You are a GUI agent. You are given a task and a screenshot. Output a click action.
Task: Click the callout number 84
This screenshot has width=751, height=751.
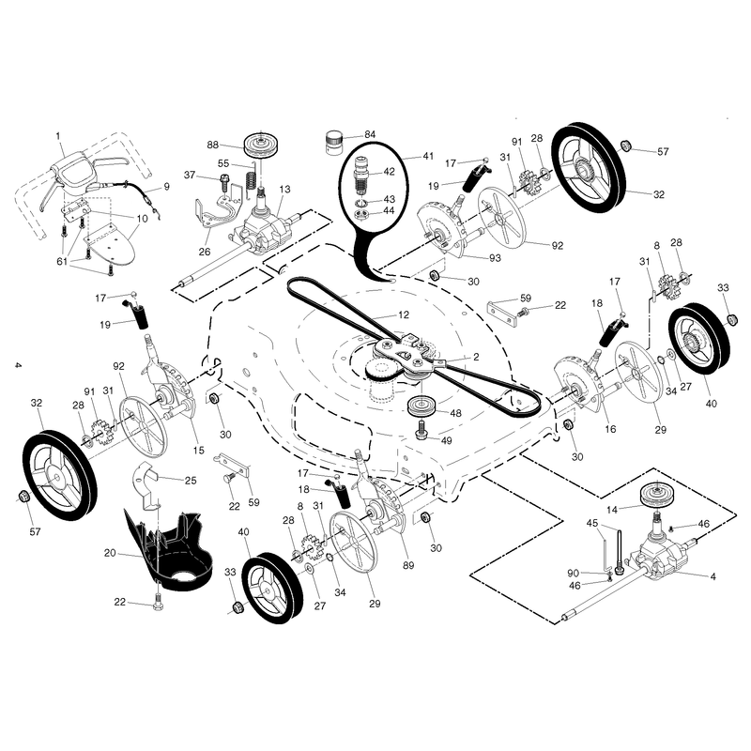click(x=370, y=134)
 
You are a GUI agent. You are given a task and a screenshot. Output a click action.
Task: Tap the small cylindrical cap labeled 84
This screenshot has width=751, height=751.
click(x=335, y=143)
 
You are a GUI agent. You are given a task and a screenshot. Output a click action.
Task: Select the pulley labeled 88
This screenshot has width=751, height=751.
click(x=262, y=145)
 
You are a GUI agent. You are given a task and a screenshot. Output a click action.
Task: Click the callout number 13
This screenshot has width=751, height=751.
click(x=284, y=190)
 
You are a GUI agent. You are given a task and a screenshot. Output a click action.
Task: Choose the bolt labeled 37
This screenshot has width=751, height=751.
click(x=223, y=182)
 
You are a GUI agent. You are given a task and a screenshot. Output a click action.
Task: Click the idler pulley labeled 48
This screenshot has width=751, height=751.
click(x=421, y=407)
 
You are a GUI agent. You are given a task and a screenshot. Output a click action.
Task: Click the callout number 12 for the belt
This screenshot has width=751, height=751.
click(x=404, y=314)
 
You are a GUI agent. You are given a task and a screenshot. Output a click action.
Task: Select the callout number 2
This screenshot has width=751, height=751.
click(x=476, y=357)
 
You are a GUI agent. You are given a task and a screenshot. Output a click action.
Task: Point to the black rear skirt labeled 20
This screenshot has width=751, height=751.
click(x=168, y=551)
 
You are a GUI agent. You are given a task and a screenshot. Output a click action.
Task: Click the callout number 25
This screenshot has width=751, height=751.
click(x=191, y=481)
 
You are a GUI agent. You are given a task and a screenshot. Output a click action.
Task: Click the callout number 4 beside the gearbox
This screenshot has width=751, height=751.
click(x=713, y=576)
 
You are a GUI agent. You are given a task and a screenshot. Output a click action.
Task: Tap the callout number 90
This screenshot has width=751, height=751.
click(x=574, y=573)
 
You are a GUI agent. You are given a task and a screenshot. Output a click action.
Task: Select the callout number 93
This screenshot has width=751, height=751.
click(x=495, y=258)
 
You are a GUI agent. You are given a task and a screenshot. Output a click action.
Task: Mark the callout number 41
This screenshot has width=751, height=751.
click(x=428, y=156)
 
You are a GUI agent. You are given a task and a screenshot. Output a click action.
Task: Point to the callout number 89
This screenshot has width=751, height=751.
click(x=408, y=566)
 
